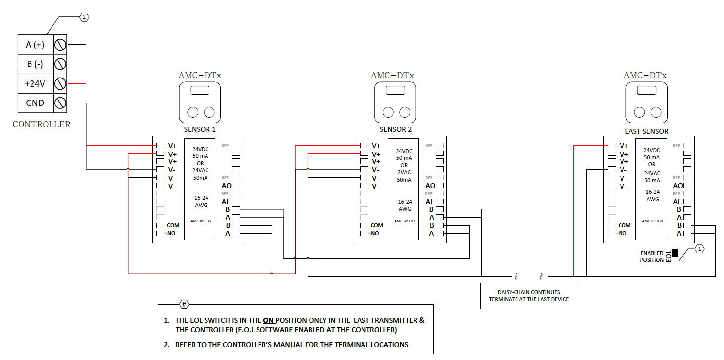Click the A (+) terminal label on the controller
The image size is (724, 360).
[x=35, y=45]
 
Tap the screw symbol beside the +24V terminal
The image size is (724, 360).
[x=60, y=84]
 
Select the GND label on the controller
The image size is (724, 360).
[x=35, y=103]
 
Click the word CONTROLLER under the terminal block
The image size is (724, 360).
[x=42, y=125]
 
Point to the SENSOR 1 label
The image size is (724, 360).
[x=200, y=130]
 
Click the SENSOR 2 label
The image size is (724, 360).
[x=396, y=130]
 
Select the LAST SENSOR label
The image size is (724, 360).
[x=646, y=131]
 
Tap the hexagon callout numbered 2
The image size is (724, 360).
[x=84, y=17]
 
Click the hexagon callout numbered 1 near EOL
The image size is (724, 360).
[x=699, y=249]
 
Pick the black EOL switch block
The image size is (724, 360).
[x=675, y=253]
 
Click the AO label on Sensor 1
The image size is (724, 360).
[x=226, y=186]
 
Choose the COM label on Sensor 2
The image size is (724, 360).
[x=376, y=225]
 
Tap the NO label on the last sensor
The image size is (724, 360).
[x=622, y=233]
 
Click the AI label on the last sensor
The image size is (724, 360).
[x=676, y=202]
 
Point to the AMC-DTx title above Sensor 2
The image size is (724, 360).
[x=392, y=76]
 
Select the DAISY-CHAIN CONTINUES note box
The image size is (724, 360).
[x=529, y=296]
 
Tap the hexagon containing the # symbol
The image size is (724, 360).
[x=184, y=304]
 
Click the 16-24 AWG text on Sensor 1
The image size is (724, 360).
[x=201, y=201]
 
